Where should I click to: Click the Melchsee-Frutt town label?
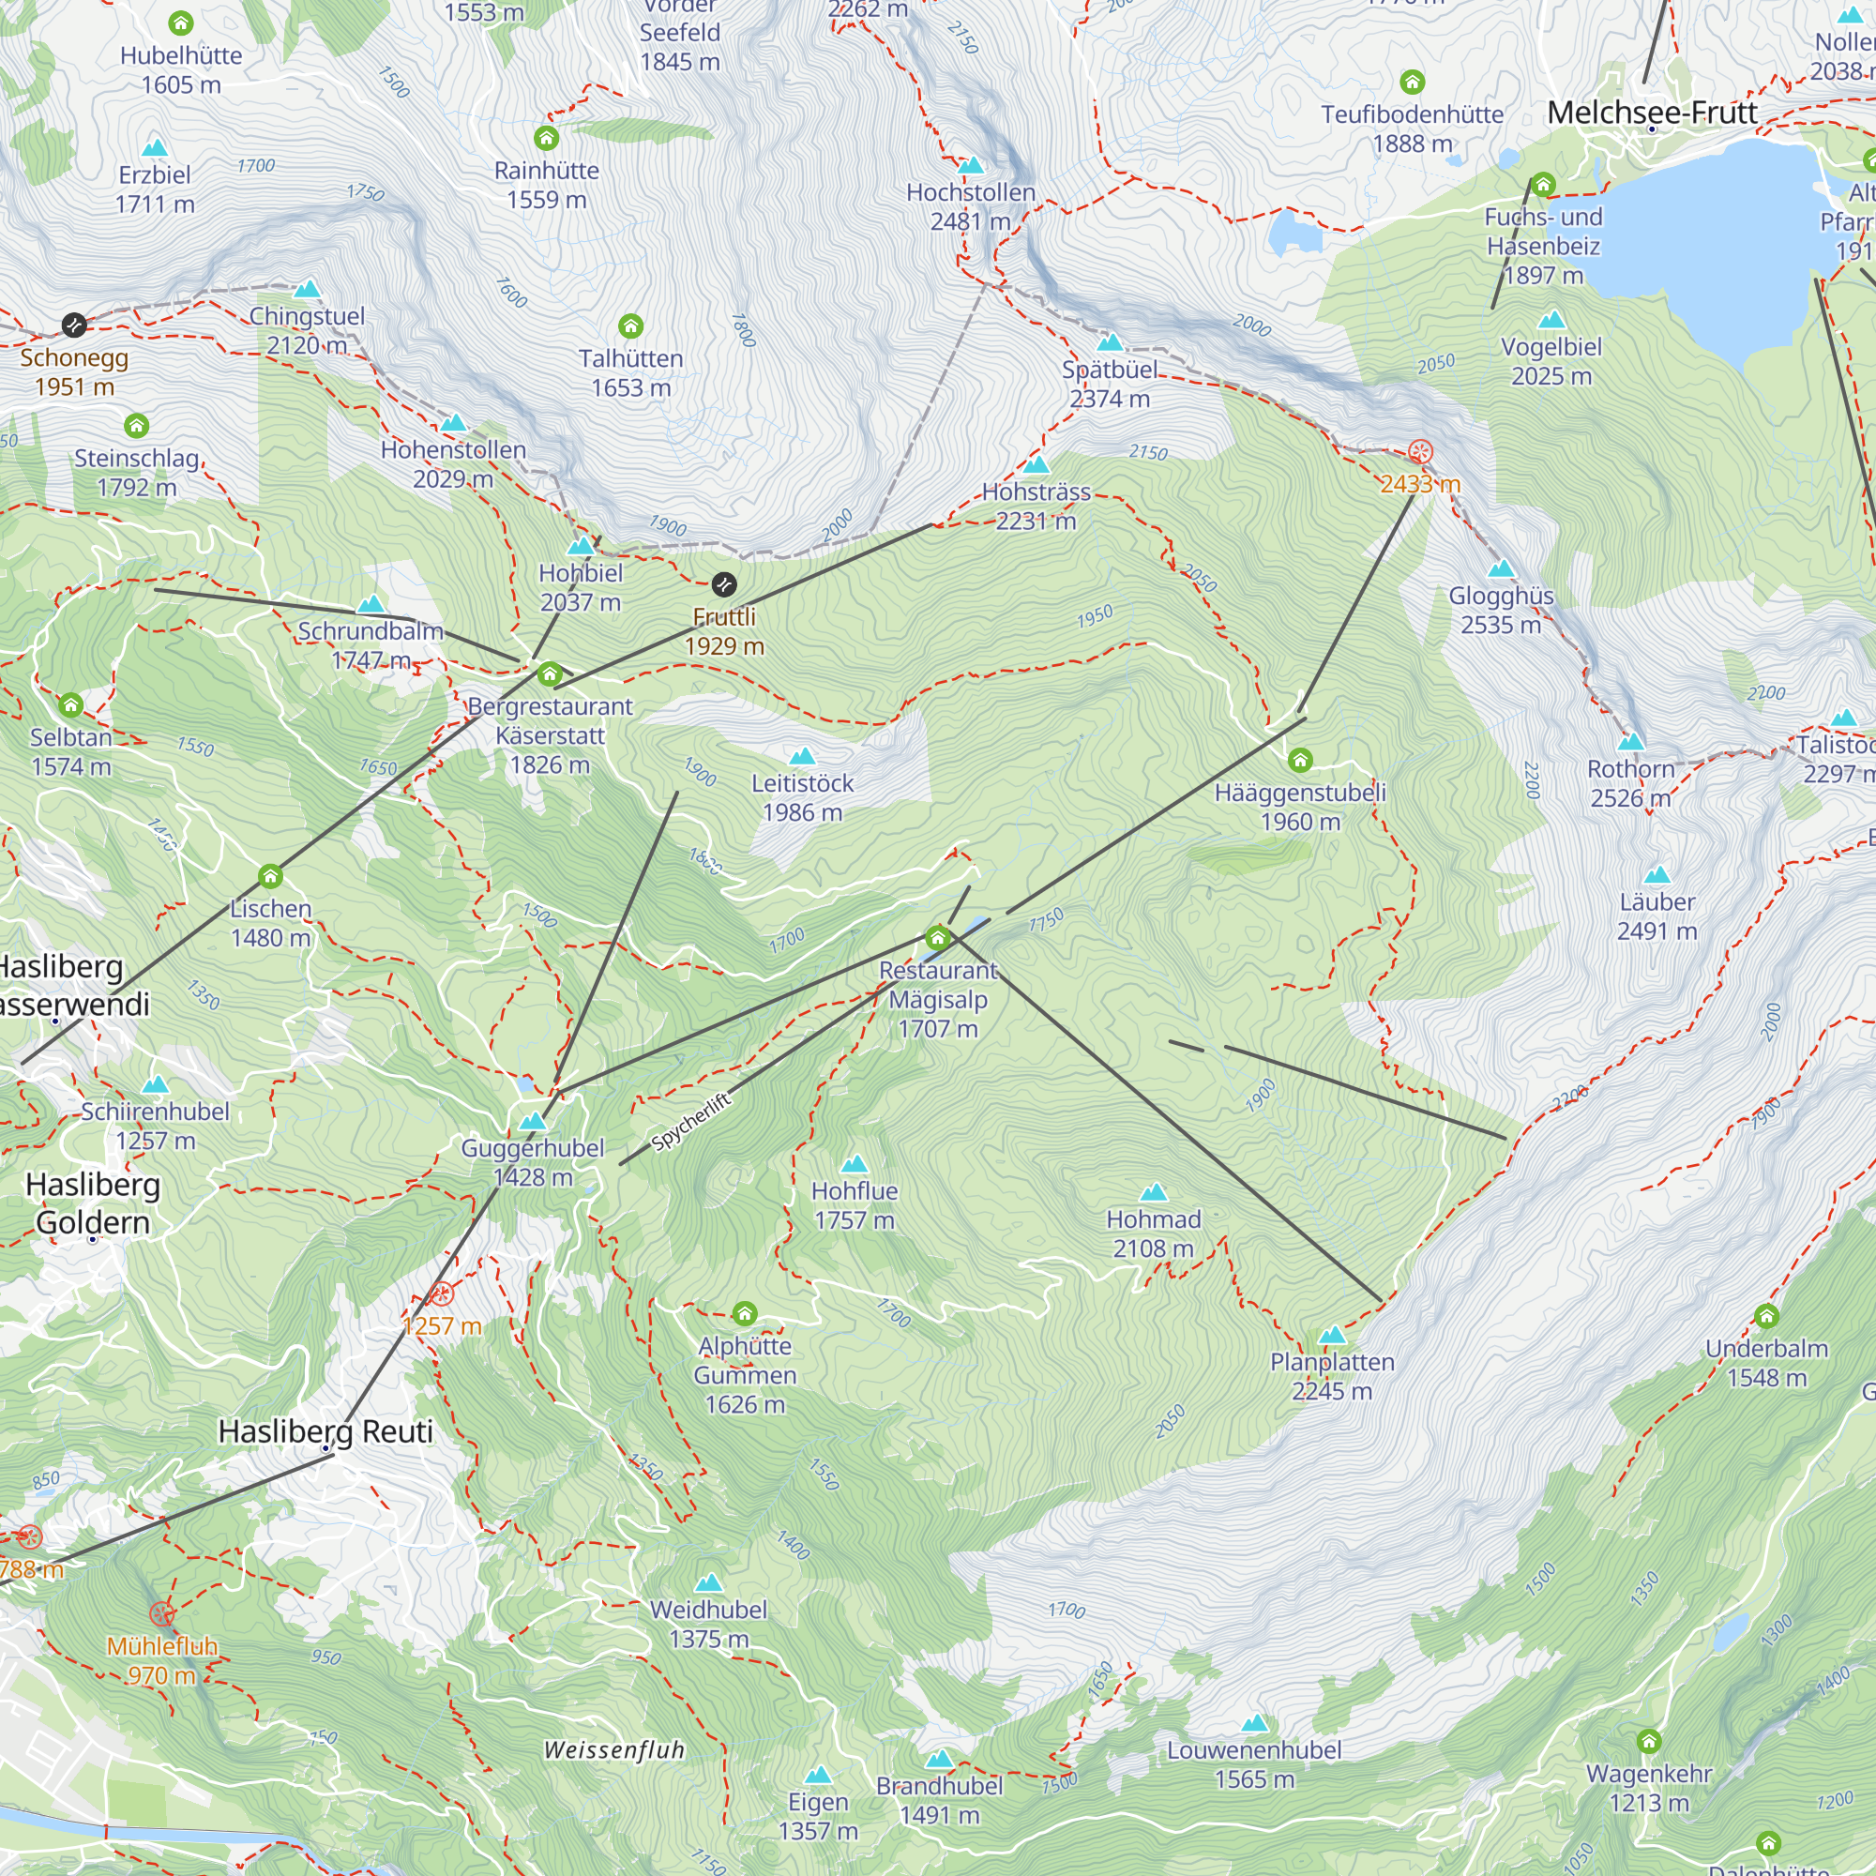point(1652,113)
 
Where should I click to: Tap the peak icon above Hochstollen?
point(970,165)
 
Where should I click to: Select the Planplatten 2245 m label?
point(1331,1375)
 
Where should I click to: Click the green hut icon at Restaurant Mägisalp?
point(937,937)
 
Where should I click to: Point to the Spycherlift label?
point(690,1122)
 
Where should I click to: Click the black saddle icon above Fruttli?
point(723,583)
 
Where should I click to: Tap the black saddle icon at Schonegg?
point(74,325)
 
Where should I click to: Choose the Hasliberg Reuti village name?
point(325,1430)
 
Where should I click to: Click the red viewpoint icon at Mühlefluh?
point(161,1613)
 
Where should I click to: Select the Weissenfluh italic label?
point(613,1749)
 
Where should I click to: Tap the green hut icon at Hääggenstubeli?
point(1299,760)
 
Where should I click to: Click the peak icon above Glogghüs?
point(1500,568)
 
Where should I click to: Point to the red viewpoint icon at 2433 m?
point(1419,451)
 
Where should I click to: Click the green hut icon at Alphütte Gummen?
point(744,1313)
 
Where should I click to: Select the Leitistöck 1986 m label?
point(801,797)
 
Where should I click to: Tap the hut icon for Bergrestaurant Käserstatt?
point(550,673)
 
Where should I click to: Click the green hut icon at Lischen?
point(270,876)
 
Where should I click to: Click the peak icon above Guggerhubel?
point(532,1121)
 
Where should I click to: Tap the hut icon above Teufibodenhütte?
point(1411,82)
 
